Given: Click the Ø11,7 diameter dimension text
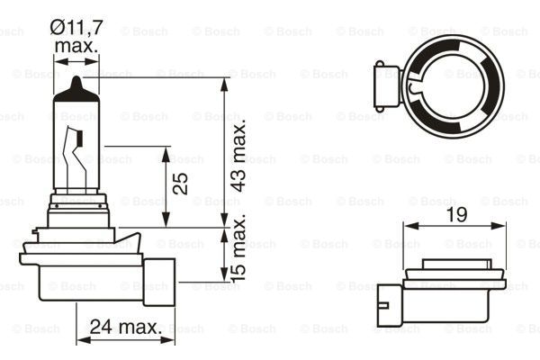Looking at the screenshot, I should [78, 28].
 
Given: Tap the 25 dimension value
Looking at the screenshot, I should [181, 183].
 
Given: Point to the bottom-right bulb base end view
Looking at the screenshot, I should [450, 289].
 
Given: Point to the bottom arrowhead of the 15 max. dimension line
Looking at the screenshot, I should [224, 276].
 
